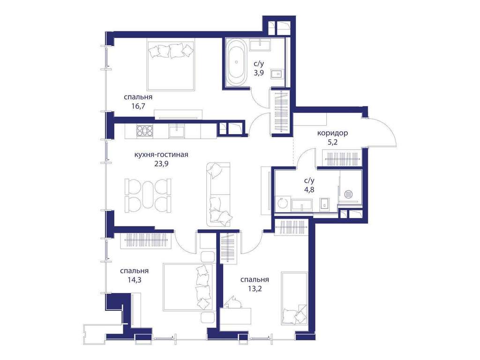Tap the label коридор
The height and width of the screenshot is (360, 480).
pos(332,133)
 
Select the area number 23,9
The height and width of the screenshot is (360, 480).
pos(161,164)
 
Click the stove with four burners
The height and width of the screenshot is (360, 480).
pos(145,131)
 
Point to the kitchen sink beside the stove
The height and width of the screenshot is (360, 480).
pos(176,131)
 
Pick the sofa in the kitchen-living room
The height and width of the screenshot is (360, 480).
pos(218,195)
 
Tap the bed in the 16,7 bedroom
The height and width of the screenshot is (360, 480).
pos(171,65)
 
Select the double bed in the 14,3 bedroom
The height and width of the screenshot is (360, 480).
pos(188,287)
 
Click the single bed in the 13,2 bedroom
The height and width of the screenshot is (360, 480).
pos(294,298)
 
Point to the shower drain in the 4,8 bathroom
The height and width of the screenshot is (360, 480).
pos(349,194)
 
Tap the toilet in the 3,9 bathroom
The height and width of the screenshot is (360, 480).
pos(278,74)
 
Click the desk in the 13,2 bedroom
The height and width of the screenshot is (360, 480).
pos(236,316)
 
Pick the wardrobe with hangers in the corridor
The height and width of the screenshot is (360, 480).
pos(342,158)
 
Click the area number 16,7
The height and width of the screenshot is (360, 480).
pos(138,106)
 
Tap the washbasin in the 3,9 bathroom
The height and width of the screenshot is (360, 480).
pos(260,45)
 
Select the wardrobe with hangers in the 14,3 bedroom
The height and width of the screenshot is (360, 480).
pos(147,240)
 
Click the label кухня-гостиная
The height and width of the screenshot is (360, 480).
pos(161,155)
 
